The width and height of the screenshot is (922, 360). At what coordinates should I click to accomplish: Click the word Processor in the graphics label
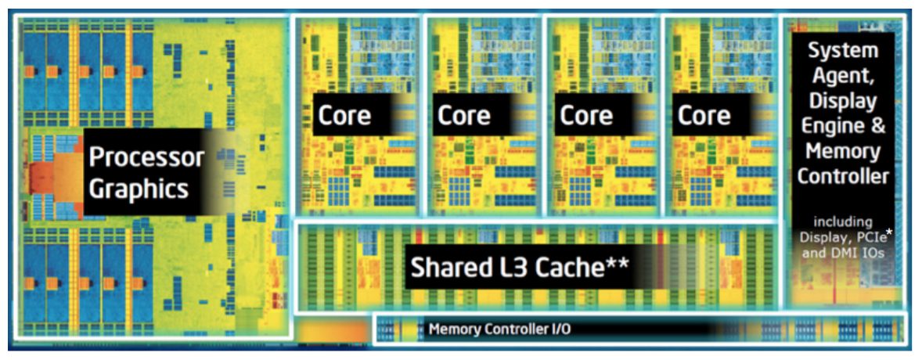pyautogui.click(x=146, y=157)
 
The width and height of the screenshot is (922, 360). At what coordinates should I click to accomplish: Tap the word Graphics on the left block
pyautogui.click(x=139, y=189)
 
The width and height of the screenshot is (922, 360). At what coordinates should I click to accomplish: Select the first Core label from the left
pyautogui.click(x=344, y=116)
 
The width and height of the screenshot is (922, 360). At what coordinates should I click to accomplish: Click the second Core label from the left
pyautogui.click(x=463, y=116)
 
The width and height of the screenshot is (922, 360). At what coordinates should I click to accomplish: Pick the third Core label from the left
pyautogui.click(x=586, y=116)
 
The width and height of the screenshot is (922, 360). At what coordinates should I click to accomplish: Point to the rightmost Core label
pyautogui.click(x=704, y=116)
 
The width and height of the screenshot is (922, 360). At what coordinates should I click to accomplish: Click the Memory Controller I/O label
pyautogui.click(x=499, y=329)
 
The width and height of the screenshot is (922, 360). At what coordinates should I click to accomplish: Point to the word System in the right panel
pyautogui.click(x=843, y=52)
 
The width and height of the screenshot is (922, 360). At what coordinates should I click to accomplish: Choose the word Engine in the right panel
pyautogui.click(x=833, y=126)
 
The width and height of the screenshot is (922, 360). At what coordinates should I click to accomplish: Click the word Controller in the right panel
pyautogui.click(x=843, y=176)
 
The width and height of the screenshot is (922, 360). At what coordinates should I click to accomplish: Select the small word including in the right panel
pyautogui.click(x=842, y=221)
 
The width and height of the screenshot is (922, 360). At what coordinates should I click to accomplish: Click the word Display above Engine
pyautogui.click(x=842, y=101)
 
